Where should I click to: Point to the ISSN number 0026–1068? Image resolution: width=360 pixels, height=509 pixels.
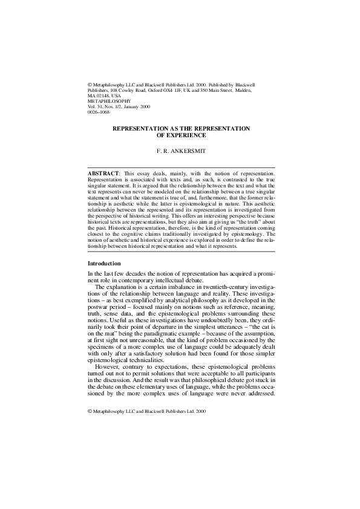tap(99, 112)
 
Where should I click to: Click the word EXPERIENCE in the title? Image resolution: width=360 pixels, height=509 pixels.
tap(181, 135)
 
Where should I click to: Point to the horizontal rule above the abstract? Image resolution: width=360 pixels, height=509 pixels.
tap(182, 167)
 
